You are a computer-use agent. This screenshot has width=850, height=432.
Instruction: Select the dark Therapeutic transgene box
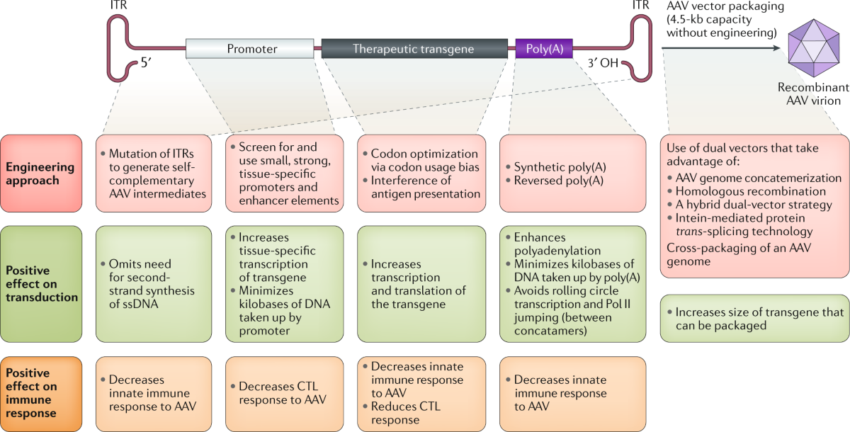coord(414,49)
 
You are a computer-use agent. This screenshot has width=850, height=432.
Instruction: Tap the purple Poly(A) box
coord(544,49)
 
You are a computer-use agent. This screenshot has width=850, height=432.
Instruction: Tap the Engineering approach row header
coord(41,173)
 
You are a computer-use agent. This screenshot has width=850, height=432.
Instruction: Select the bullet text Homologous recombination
coord(750,192)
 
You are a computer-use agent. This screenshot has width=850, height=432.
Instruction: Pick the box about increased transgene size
coord(754,319)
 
